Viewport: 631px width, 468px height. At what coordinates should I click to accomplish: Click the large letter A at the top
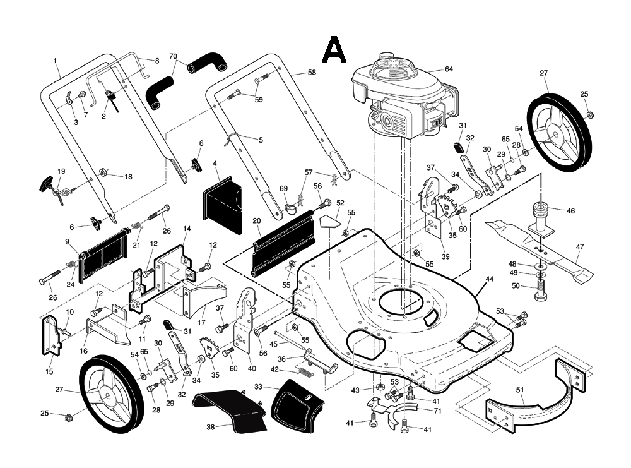click(x=334, y=51)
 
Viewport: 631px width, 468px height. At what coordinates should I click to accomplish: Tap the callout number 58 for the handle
click(x=312, y=73)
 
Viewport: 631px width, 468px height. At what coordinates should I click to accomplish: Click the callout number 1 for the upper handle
click(x=56, y=61)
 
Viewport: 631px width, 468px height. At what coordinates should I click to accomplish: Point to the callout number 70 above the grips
click(x=174, y=56)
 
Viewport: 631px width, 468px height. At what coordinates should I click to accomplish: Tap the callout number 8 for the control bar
click(x=157, y=61)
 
